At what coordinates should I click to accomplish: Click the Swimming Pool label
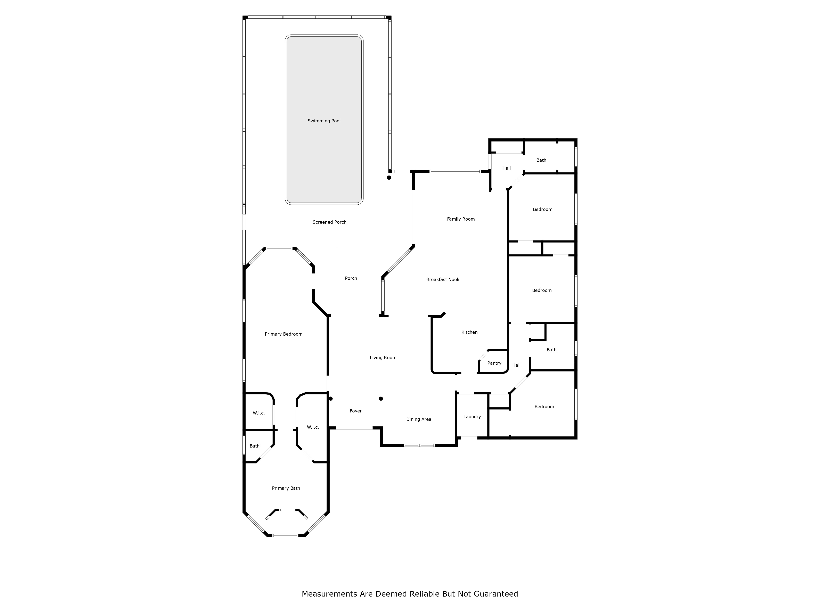(324, 121)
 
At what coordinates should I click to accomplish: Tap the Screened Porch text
(329, 222)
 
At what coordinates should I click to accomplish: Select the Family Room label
(461, 219)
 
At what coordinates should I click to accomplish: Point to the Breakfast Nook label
(443, 279)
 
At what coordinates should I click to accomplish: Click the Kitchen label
(469, 332)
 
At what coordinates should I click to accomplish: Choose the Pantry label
(494, 363)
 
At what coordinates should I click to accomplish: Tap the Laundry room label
(472, 417)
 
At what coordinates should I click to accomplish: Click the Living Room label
(383, 358)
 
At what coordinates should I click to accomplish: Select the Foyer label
(355, 411)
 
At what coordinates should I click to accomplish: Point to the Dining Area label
(419, 419)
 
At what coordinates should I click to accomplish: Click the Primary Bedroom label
(284, 334)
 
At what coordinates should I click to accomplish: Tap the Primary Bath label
(286, 488)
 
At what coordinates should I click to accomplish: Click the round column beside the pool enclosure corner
(389, 178)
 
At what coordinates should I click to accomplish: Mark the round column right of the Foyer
(381, 399)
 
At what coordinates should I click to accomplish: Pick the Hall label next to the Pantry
(516, 365)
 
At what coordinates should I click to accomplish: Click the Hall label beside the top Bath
(506, 168)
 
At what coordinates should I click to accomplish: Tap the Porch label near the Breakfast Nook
(351, 278)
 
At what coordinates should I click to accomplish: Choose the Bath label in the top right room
(541, 160)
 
